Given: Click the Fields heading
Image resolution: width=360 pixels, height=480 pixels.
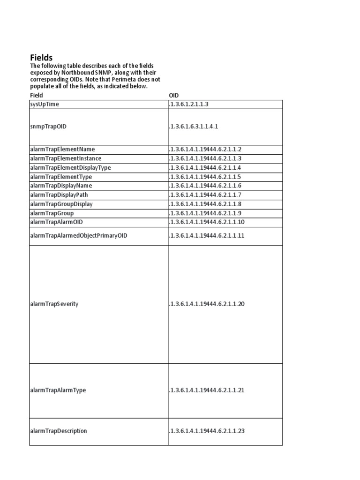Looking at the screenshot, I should click(42, 58).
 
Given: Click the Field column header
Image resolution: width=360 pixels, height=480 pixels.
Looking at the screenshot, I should click(36, 95).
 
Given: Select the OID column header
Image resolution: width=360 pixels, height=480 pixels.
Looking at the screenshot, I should click(174, 95).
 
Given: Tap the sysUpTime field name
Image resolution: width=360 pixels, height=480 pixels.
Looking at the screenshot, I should click(45, 104).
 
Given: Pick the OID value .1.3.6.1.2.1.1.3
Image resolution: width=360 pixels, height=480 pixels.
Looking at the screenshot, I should click(188, 104).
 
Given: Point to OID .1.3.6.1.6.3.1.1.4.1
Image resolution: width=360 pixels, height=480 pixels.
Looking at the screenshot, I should click(194, 127).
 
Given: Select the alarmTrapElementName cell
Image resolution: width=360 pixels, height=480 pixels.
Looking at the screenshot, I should click(62, 149).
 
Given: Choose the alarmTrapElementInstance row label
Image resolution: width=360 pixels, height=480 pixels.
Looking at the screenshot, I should click(65, 158).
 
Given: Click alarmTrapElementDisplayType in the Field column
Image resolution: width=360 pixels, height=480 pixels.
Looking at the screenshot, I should click(70, 167).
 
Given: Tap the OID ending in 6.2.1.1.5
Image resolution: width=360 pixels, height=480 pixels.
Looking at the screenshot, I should click(205, 177).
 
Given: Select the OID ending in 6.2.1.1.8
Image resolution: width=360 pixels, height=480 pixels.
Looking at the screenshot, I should click(205, 204).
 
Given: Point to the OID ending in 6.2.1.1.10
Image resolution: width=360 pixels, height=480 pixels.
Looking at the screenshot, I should click(207, 222).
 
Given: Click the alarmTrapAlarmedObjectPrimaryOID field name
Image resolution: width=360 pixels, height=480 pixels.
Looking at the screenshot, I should click(78, 235).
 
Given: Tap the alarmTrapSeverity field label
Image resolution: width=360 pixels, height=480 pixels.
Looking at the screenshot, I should click(54, 304).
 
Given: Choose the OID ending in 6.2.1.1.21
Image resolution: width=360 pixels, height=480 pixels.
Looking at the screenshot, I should click(207, 390).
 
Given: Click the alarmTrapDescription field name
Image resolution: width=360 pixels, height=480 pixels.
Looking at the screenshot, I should click(58, 431).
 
